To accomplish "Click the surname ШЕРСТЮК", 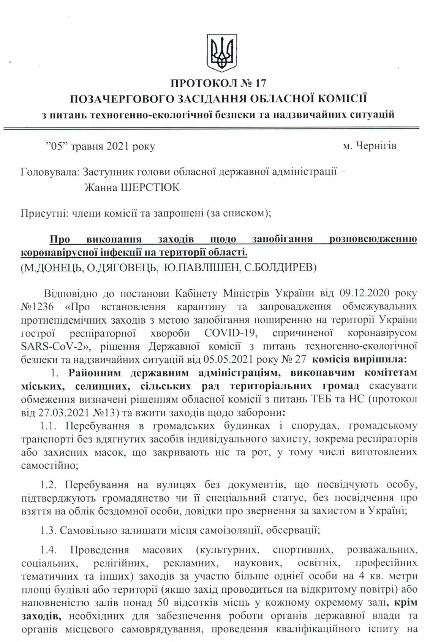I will coord(150,187).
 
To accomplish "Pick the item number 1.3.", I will coord(48,530).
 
